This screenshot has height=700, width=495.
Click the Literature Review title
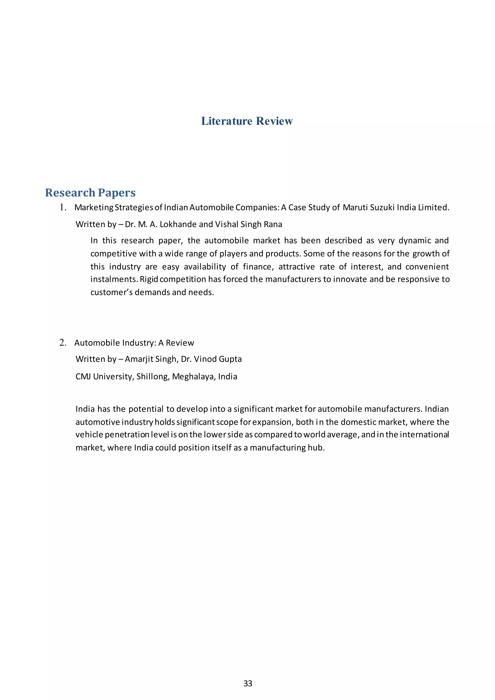(x=247, y=121)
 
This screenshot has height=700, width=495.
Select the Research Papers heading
(x=90, y=193)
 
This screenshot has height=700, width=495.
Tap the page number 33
(x=247, y=684)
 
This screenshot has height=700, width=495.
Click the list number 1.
(x=63, y=207)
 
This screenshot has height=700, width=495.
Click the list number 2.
(x=63, y=343)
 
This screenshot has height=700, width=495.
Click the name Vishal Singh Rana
(x=248, y=224)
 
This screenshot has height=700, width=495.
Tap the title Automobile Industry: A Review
(x=134, y=343)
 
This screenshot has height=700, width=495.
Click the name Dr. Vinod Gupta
(x=211, y=359)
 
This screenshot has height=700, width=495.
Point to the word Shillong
(x=153, y=377)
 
